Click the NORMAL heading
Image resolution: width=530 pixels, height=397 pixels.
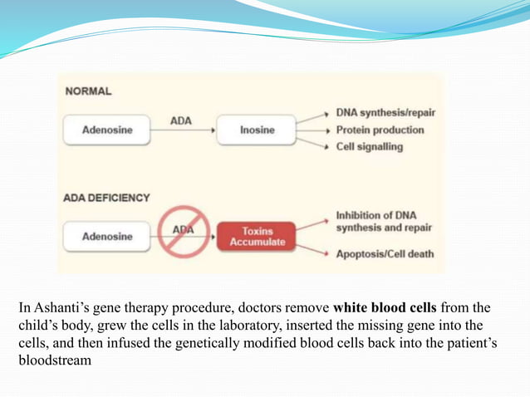point(89,91)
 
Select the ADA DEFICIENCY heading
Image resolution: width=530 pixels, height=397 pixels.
point(106,198)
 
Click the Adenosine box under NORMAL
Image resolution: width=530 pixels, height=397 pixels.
point(107,130)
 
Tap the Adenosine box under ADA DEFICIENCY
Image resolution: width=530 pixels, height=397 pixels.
point(107,237)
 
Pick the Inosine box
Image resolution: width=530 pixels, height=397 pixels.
point(257,130)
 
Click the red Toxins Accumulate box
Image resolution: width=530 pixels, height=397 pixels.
point(257,237)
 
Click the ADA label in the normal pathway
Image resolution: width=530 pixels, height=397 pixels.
point(181,120)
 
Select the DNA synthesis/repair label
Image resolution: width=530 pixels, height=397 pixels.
point(385,112)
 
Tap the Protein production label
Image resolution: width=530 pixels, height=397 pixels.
point(380,130)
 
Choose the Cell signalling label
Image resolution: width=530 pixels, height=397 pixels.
point(370,147)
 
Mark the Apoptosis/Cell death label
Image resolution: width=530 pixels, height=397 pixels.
point(385,254)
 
